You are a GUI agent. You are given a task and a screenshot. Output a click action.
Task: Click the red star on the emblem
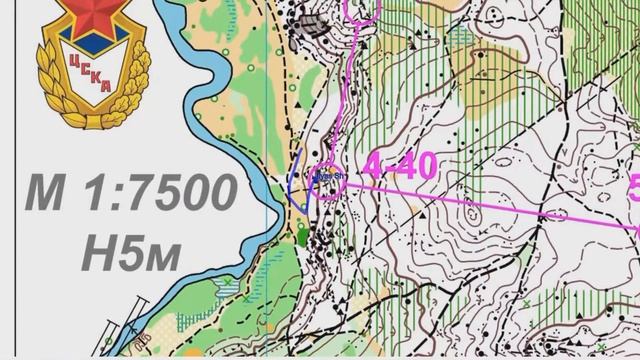83,19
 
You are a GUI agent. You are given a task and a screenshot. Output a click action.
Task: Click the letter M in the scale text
46,192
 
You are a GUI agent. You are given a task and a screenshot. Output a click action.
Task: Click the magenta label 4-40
400,166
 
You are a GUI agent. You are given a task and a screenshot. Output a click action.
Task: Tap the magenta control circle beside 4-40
329,180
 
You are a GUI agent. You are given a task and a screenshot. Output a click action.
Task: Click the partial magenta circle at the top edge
363,9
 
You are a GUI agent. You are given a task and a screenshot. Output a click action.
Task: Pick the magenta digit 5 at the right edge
633,189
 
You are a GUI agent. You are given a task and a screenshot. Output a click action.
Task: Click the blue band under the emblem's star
83,44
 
